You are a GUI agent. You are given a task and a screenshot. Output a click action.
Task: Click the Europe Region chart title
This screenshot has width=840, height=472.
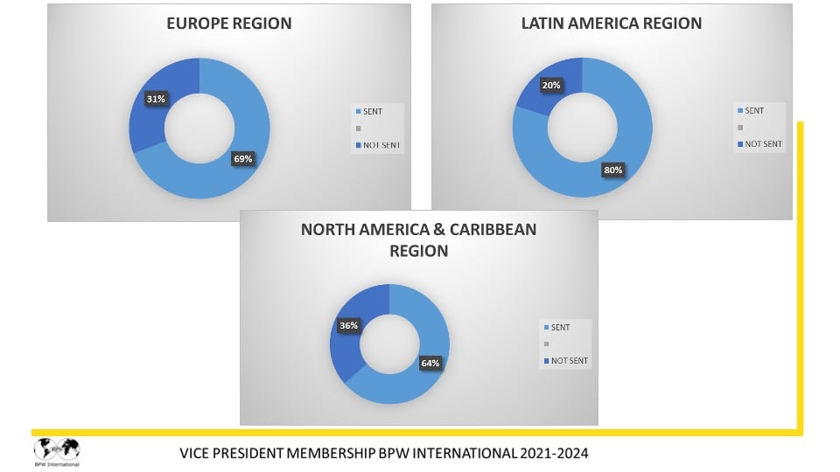(229, 24)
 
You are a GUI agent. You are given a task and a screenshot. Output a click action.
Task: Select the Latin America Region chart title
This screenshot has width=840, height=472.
(611, 24)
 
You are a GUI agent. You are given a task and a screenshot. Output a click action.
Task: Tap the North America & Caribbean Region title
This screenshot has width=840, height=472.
(418, 239)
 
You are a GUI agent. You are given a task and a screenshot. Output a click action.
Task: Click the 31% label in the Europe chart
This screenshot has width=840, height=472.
(156, 99)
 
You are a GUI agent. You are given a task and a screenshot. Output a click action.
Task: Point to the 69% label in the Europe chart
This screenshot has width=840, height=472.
(242, 158)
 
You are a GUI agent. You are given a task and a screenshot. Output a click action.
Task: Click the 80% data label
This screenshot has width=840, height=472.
(612, 170)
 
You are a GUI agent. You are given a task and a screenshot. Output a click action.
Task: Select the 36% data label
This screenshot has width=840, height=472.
(347, 325)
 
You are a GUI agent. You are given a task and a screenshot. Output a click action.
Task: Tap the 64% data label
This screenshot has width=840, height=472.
(430, 363)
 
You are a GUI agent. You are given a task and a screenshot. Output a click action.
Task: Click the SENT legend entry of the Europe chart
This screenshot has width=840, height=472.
(371, 111)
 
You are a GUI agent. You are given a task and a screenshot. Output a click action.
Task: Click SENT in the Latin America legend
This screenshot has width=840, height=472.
(753, 110)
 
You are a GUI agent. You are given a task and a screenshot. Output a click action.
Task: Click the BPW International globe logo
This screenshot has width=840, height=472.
(57, 449)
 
